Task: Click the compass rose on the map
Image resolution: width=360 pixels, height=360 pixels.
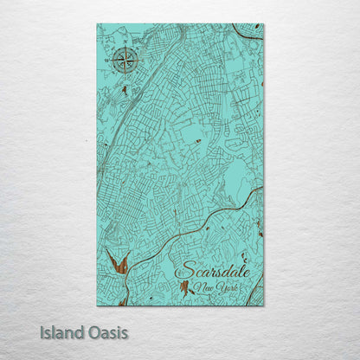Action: click(122, 61)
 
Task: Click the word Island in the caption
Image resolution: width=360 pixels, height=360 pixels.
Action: click(61, 331)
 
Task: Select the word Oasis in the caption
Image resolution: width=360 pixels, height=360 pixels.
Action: click(106, 331)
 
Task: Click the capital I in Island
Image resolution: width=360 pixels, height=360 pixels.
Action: click(42, 331)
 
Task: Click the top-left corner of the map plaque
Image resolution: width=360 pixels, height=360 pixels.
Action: click(98, 25)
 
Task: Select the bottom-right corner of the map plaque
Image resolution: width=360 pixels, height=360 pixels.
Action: click(263, 305)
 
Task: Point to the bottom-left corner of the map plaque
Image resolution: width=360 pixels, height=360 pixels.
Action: click(98, 305)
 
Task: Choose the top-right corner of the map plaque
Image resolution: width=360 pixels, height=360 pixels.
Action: click(263, 25)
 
